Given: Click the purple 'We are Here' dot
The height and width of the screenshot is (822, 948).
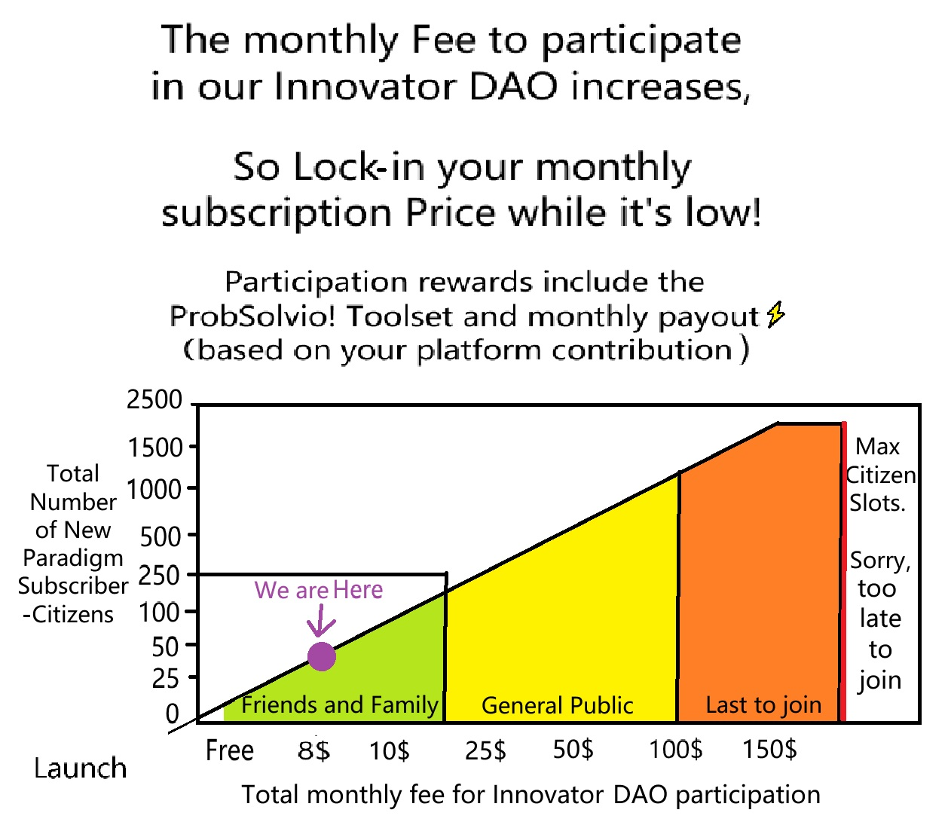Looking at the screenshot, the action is [321, 655].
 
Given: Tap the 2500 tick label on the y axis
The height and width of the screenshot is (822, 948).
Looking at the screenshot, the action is [154, 399].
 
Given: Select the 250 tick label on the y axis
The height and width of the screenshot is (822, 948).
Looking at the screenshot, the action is [158, 576].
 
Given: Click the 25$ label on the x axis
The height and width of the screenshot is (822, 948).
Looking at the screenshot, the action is [485, 750].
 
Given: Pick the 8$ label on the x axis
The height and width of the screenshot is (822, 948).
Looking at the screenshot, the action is [313, 750].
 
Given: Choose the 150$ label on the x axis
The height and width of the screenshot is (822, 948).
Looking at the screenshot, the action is [769, 750].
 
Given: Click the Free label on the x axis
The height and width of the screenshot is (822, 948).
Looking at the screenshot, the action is [229, 750].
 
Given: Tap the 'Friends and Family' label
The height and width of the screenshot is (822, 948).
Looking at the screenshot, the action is [340, 705].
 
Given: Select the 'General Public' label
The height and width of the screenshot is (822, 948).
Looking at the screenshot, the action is [557, 706].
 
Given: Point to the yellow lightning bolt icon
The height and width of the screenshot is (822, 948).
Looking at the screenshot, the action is [775, 314].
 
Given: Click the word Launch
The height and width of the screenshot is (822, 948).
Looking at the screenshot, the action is [80, 769].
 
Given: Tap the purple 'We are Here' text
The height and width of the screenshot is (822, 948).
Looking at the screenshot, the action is [318, 590].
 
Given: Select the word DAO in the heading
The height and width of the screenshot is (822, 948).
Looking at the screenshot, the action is [513, 87].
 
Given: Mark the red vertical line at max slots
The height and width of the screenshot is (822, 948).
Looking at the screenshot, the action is [843, 571].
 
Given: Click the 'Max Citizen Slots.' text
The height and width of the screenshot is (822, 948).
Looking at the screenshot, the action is [880, 475].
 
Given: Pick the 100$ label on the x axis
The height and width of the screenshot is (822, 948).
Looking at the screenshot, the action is [675, 750].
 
